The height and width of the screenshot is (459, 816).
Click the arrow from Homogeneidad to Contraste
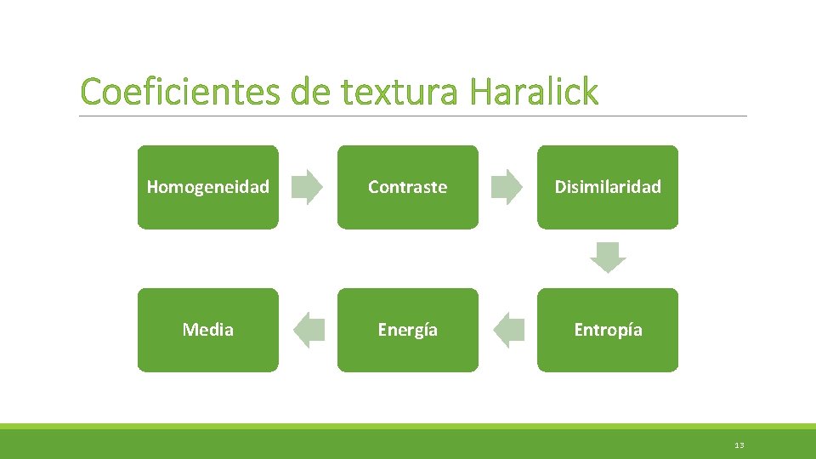tap(307, 187)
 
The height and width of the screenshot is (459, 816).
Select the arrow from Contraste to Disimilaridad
tap(507, 187)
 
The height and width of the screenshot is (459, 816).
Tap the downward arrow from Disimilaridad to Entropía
tap(608, 258)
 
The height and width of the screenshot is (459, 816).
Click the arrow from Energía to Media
tap(309, 330)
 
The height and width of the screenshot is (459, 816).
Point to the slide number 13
tap(739, 445)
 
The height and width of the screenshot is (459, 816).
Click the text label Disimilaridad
tap(607, 187)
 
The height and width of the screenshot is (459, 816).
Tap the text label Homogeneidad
tap(207, 187)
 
